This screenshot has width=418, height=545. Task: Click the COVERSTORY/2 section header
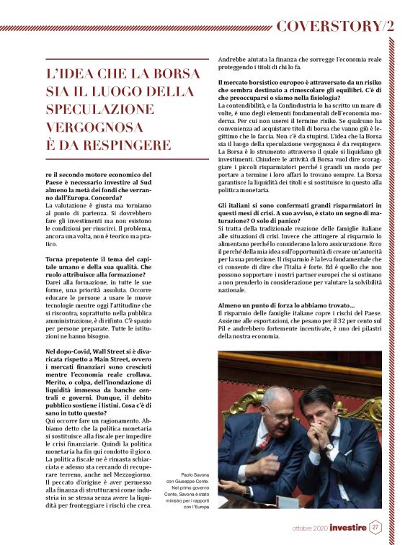click(x=335, y=26)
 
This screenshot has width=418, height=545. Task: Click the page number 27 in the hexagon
click(x=375, y=528)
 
